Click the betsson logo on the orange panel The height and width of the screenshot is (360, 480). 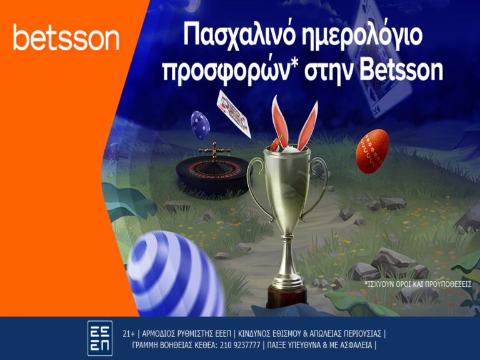[x=66, y=37]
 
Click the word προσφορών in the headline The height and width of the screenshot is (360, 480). [x=227, y=71]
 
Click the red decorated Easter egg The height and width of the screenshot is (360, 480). [x=372, y=151]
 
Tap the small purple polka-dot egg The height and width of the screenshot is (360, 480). [x=200, y=125]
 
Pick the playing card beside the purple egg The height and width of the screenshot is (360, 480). [x=234, y=114]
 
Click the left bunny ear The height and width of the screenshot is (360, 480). [x=280, y=121]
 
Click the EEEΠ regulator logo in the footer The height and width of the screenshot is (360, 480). [x=100, y=338]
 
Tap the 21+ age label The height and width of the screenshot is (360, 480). [x=129, y=334]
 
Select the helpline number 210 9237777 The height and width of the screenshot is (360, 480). [x=241, y=346]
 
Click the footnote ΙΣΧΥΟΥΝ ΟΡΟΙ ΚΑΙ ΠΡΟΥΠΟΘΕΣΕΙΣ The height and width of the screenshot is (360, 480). [x=418, y=284]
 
